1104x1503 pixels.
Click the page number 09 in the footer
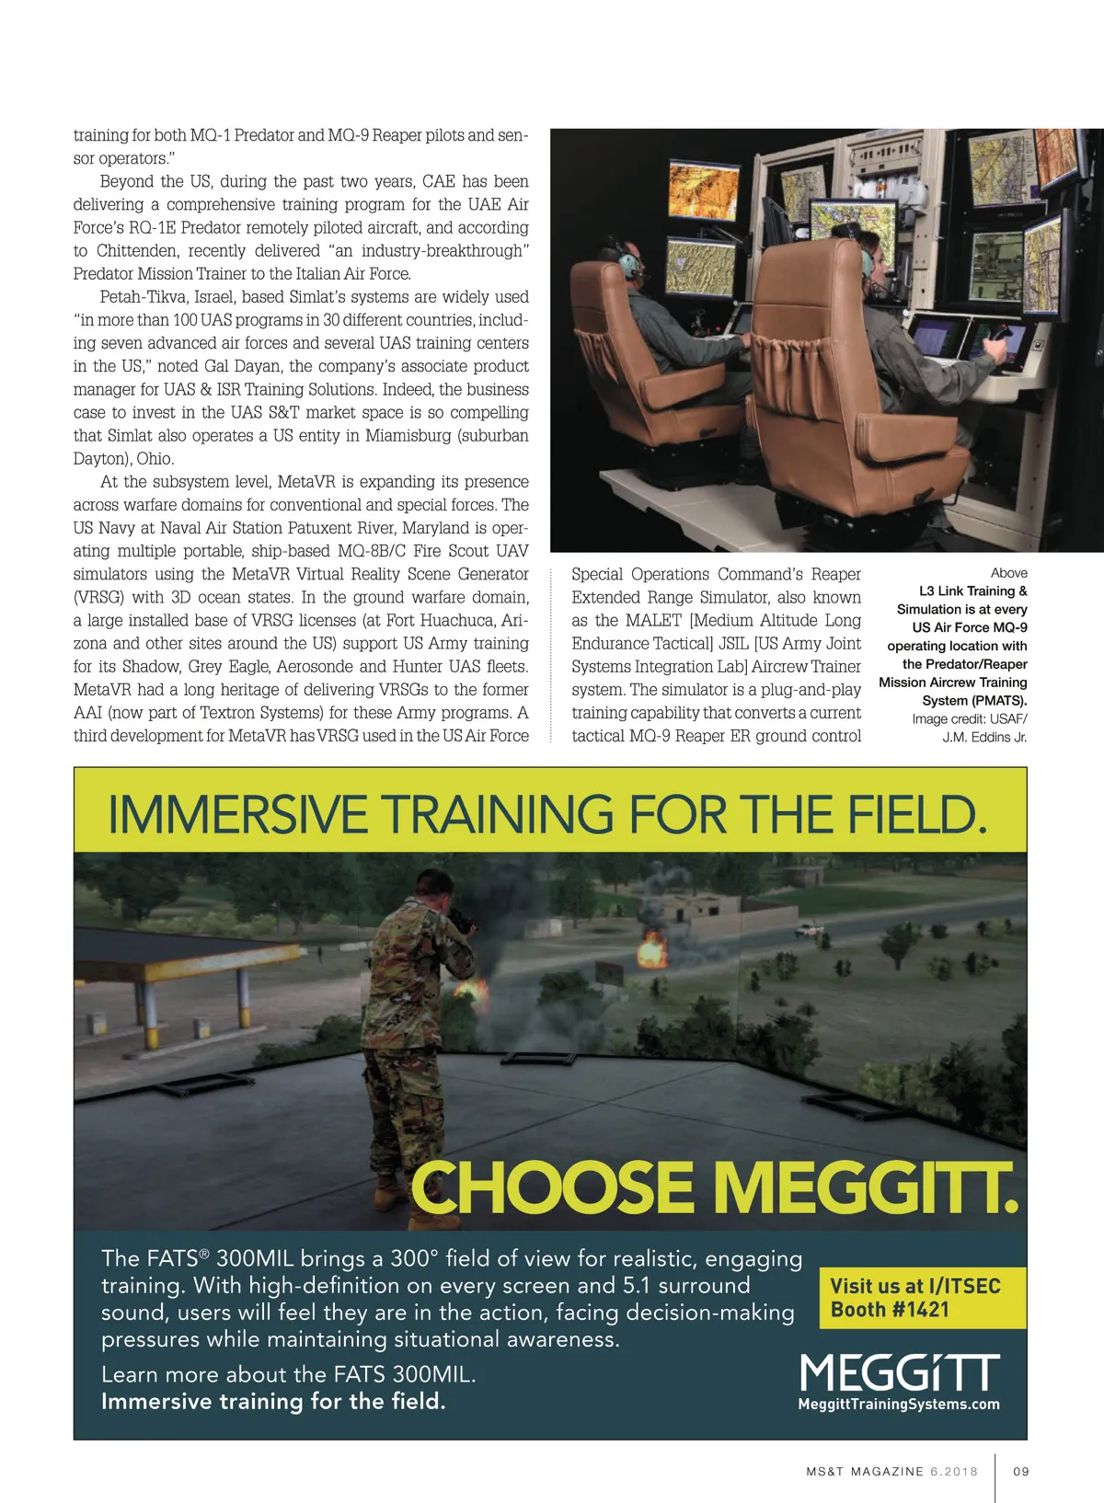click(1020, 1471)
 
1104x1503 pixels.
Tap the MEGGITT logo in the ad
click(899, 1372)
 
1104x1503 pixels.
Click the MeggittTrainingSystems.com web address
click(899, 1404)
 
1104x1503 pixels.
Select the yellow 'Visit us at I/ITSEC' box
click(922, 1297)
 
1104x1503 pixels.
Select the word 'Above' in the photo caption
click(1008, 573)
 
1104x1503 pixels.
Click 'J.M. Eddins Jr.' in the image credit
click(984, 737)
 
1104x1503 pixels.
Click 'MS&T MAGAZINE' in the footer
click(864, 1471)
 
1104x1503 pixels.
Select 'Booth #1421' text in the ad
click(889, 1310)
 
